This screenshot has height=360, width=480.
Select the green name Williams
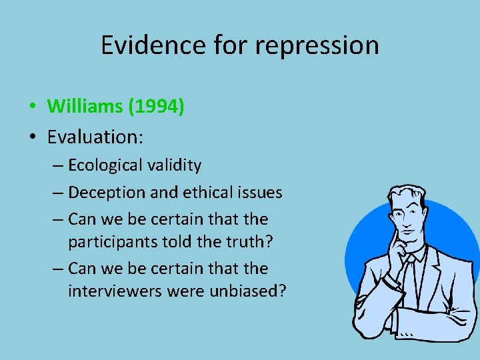83,106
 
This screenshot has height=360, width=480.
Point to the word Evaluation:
95,137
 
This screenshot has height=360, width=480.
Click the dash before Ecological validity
59,165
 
